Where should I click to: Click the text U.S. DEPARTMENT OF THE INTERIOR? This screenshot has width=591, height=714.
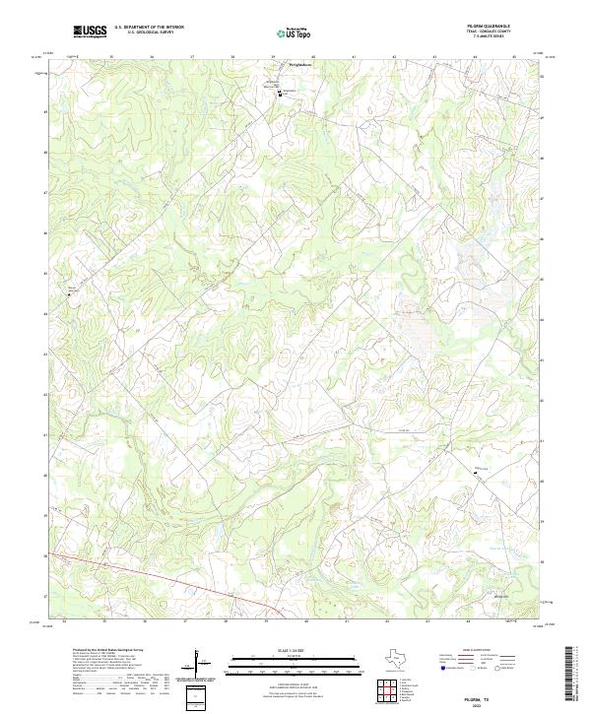coord(149,29)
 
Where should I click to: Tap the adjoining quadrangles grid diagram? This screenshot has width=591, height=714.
coord(387,689)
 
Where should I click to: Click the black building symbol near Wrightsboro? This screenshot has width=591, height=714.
coord(279,95)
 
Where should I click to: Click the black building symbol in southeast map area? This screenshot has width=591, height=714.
coord(474,473)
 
